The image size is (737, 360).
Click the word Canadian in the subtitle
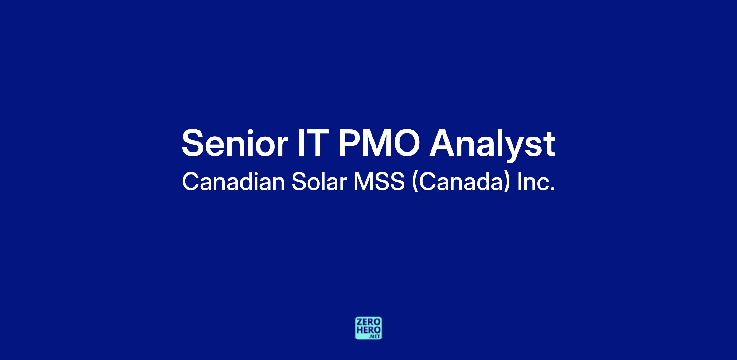point(234,182)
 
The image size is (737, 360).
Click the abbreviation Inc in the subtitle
point(533,182)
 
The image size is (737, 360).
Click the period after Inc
point(552,189)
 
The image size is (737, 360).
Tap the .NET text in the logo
point(375,336)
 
